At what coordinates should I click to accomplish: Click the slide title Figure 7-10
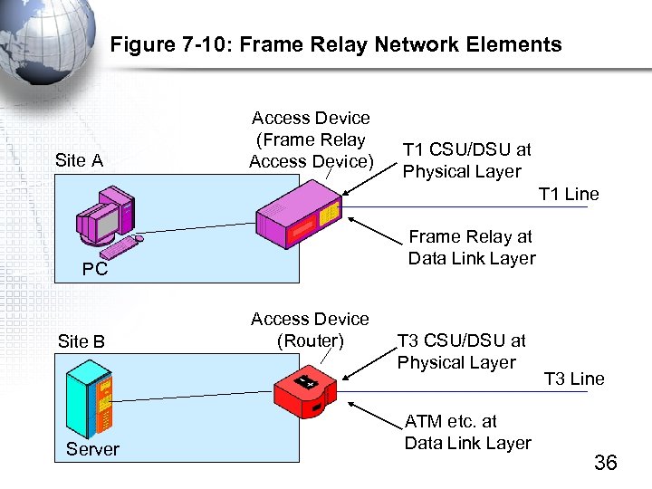[x=335, y=44]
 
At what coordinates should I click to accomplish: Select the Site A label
[x=79, y=161]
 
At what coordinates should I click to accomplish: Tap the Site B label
[x=81, y=341]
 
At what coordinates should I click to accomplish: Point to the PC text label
[x=95, y=269]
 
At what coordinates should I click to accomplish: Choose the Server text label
[x=92, y=449]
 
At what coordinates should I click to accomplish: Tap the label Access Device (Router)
[x=310, y=330]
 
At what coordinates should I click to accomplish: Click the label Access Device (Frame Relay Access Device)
[x=310, y=139]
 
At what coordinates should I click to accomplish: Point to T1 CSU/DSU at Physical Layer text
[x=466, y=160]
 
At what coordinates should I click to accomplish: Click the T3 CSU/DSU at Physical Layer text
[x=461, y=351]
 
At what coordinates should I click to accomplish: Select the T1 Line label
[x=569, y=194]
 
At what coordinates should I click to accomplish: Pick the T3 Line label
[x=574, y=379]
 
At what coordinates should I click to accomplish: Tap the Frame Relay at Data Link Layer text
[x=471, y=247]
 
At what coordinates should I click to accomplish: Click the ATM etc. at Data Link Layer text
[x=467, y=432]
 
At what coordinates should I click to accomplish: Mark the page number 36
[x=605, y=463]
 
